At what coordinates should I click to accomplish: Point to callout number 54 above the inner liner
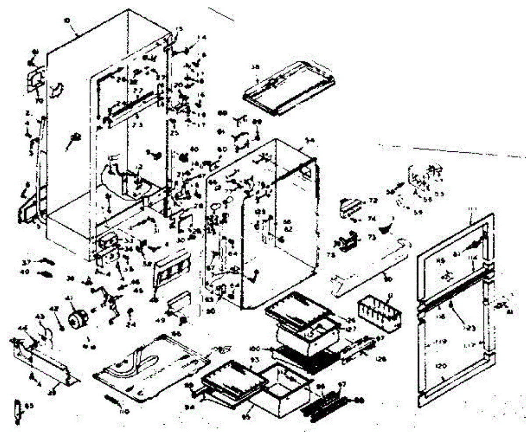tap(310, 140)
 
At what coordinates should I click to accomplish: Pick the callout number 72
tap(373, 200)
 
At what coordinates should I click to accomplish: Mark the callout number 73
tap(372, 237)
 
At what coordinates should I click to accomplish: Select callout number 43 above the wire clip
tap(39, 317)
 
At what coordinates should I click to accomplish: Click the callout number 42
tap(54, 309)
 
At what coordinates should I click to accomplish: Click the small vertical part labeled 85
tap(18, 412)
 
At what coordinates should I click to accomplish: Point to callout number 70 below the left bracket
tap(39, 100)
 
